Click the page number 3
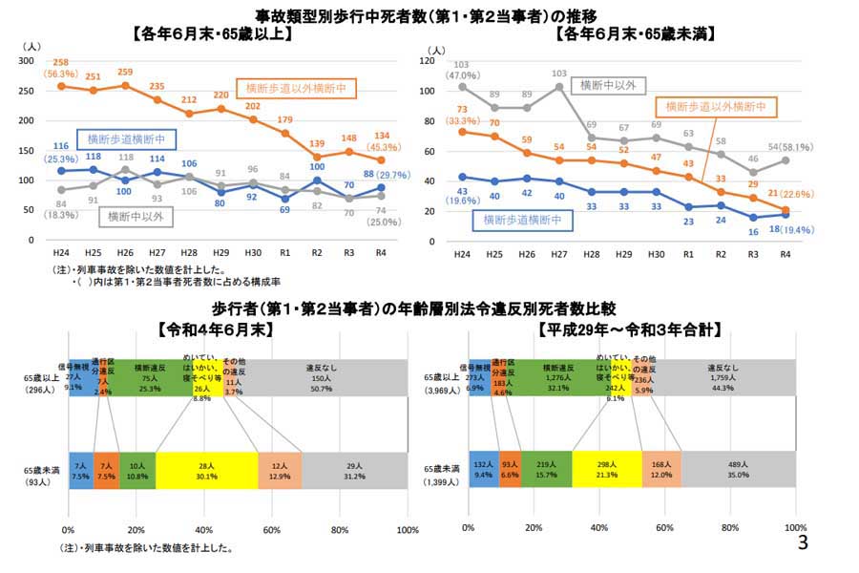(803, 543)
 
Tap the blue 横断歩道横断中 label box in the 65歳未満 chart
(520, 220)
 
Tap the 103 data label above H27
(559, 74)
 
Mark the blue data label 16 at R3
(752, 230)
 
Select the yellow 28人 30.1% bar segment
(206, 471)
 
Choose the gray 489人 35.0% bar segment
(737, 471)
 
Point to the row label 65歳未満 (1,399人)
(441, 475)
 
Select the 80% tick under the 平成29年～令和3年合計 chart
(729, 528)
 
